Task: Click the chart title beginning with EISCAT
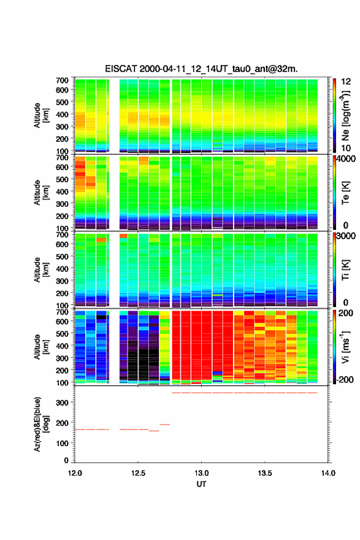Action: point(201,69)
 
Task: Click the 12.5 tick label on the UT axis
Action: point(138,473)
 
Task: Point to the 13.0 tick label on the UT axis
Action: point(201,473)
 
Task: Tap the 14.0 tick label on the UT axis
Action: point(328,473)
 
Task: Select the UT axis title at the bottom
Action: point(201,484)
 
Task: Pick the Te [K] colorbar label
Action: point(345,193)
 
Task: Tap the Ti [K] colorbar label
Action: point(345,270)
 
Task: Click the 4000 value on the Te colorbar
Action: point(345,159)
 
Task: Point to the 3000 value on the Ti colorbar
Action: point(345,236)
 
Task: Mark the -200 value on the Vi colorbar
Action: point(343,379)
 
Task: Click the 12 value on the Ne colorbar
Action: point(346,81)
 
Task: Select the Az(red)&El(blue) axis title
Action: point(41,424)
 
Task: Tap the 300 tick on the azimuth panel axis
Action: point(63,403)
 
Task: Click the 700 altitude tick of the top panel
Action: point(63,80)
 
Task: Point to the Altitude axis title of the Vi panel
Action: point(41,347)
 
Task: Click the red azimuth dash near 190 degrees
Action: point(164,424)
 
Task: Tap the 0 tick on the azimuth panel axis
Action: point(66,460)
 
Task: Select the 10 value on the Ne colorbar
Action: point(346,148)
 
